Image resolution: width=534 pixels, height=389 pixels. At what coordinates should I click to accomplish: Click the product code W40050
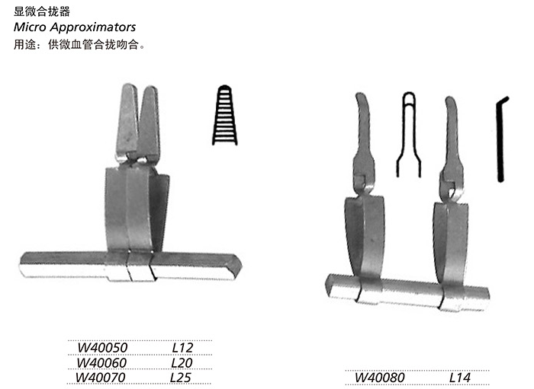pos(102,348)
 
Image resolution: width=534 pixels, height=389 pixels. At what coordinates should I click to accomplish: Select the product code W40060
pos(101,362)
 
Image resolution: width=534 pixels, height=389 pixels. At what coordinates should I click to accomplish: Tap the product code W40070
pos(101,377)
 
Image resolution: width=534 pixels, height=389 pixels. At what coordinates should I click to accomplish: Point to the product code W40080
pos(380,377)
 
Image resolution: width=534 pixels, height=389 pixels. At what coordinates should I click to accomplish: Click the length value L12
pos(183,348)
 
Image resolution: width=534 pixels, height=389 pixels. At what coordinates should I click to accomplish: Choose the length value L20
pos(182,362)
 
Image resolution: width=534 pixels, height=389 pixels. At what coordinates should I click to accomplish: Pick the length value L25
pos(181,377)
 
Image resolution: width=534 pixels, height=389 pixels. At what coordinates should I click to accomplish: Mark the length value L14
pos(460,377)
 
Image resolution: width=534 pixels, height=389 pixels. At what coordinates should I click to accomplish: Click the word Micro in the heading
pos(30,27)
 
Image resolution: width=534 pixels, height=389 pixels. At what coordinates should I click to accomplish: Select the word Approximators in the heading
pos(93,27)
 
